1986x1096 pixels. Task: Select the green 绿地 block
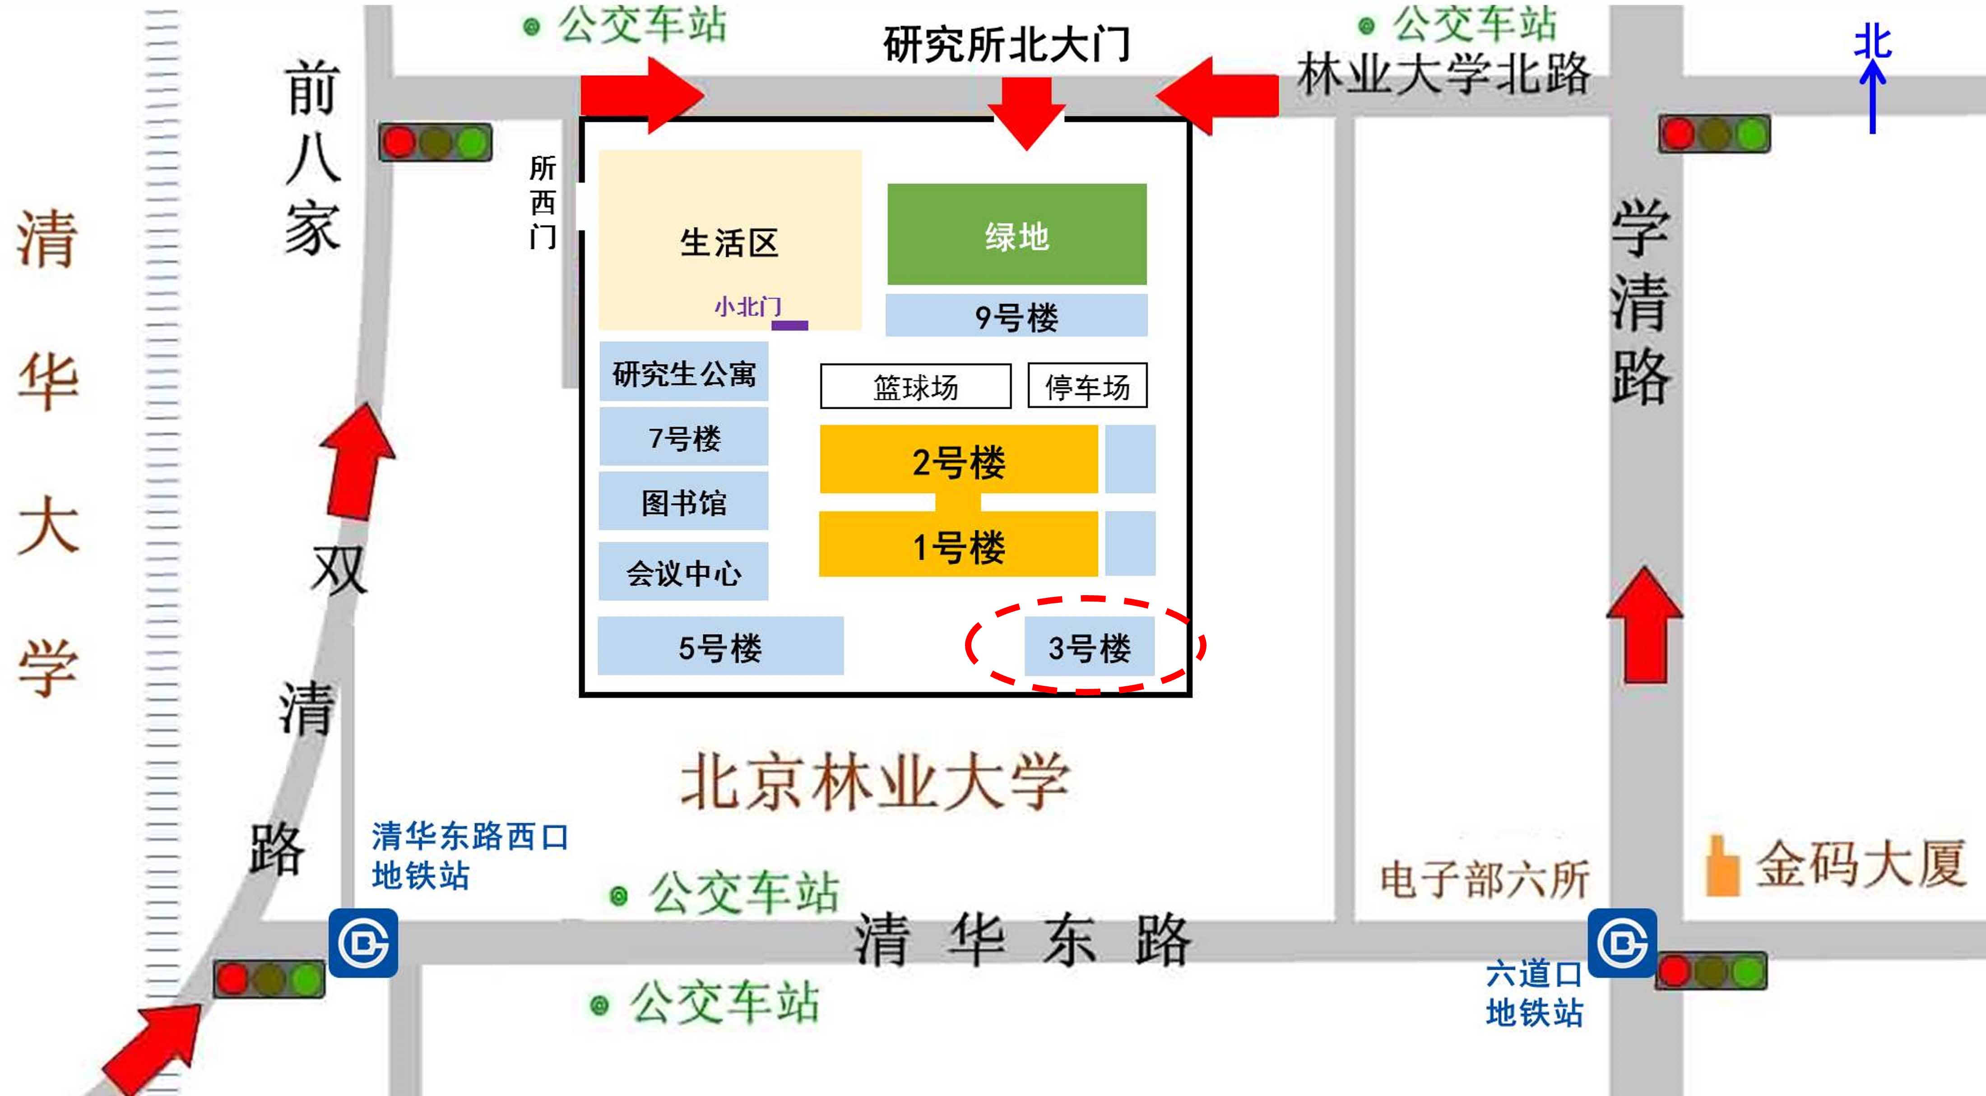click(1017, 234)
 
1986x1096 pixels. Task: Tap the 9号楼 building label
click(1016, 315)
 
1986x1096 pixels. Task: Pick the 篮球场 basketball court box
click(916, 386)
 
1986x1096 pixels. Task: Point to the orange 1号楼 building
click(958, 544)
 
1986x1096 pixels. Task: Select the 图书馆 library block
click(684, 502)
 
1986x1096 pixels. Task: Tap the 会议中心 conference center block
click(684, 571)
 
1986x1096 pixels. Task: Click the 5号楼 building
click(721, 646)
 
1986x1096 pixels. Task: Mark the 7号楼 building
click(684, 437)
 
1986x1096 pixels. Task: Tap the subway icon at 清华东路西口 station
click(364, 943)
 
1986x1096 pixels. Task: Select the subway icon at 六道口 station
click(1622, 943)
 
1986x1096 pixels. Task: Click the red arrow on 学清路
click(1644, 625)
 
